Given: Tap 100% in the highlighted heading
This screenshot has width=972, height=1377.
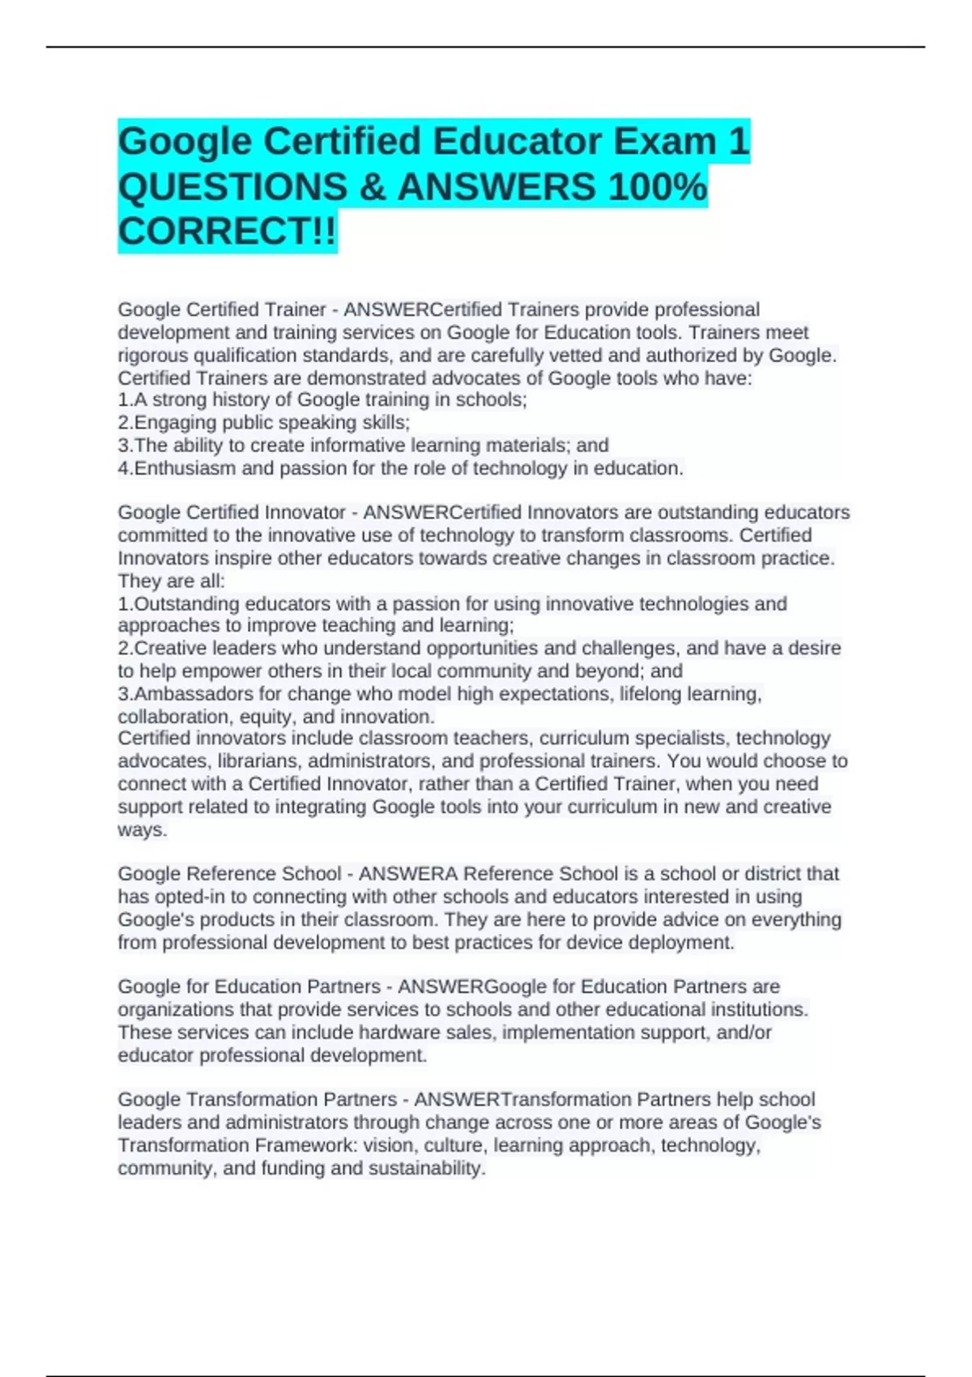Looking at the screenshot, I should tap(657, 187).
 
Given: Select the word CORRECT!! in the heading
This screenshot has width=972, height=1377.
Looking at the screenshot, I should tap(227, 232).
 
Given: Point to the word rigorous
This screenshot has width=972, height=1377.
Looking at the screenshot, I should tap(153, 356).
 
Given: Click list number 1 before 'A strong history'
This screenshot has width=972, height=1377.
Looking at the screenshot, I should tap(124, 400).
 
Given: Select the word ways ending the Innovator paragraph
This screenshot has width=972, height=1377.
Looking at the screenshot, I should tap(141, 830).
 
